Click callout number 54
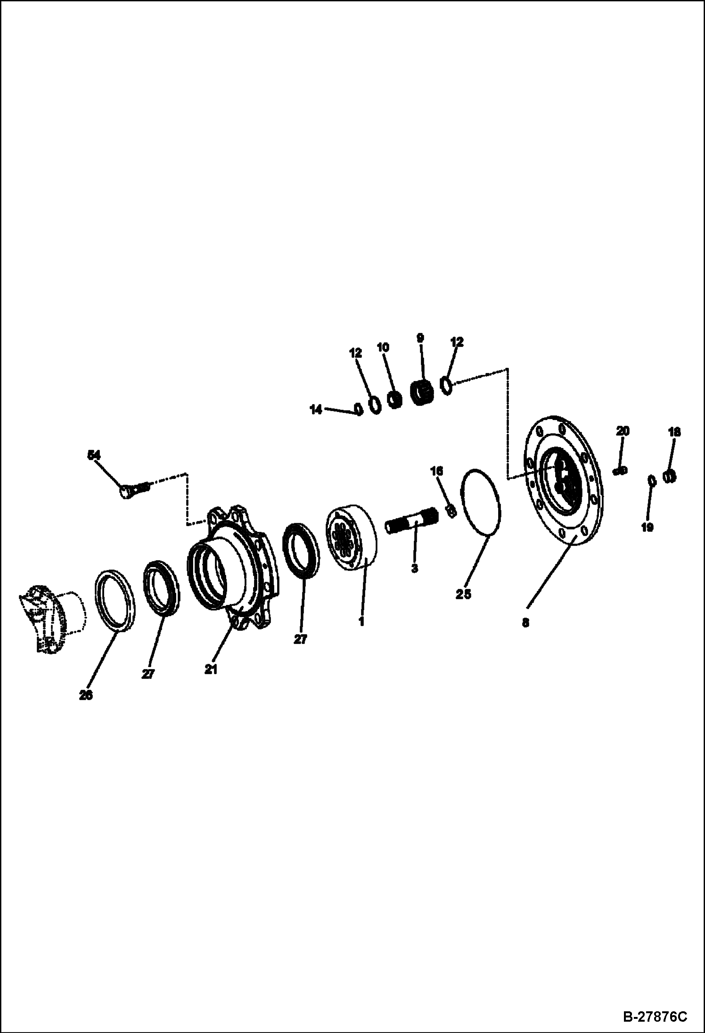point(94,455)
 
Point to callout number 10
point(383,347)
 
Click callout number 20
point(622,431)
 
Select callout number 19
point(648,528)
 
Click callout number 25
point(463,595)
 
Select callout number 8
point(525,623)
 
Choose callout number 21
point(211,669)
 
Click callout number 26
point(85,695)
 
